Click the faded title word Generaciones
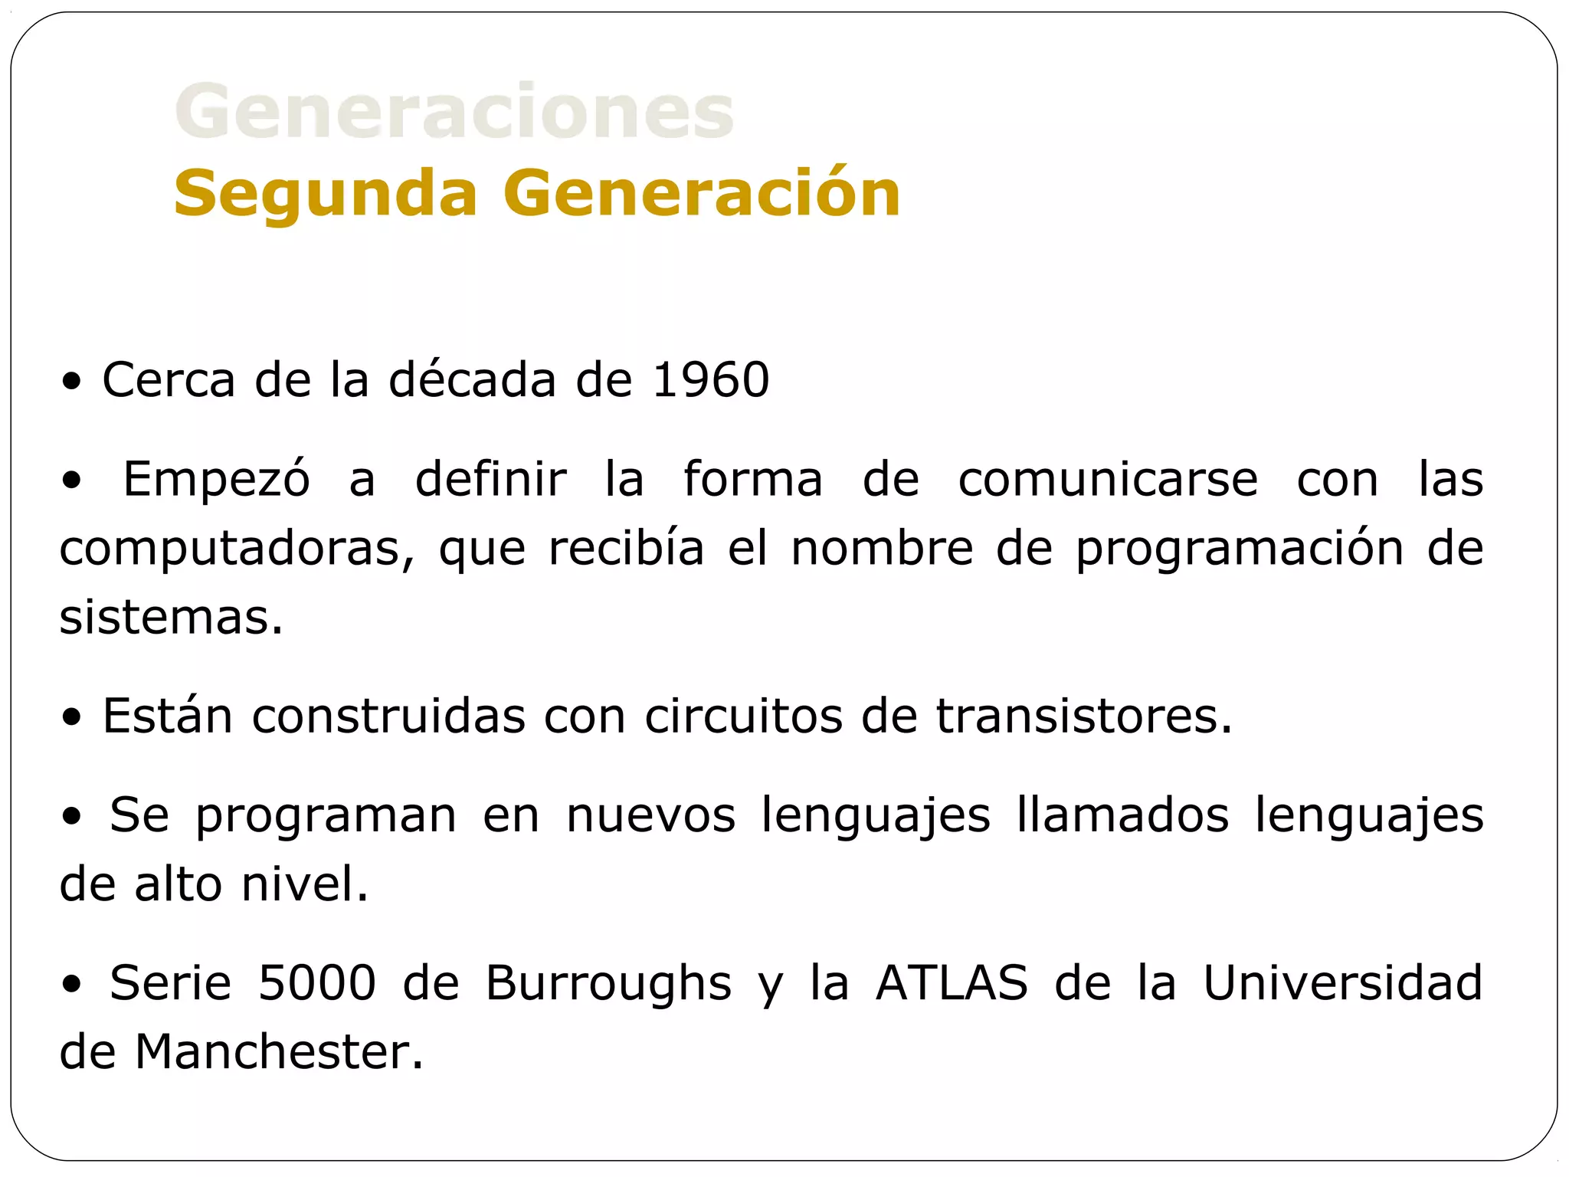(454, 112)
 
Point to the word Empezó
(217, 479)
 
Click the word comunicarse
(1108, 479)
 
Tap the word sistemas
(171, 617)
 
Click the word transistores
(1083, 716)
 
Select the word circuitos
(743, 716)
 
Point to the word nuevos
(651, 815)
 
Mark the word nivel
(304, 884)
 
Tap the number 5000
(317, 982)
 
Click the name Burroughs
(608, 984)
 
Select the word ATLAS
(952, 982)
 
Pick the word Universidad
(1342, 982)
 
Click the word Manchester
(279, 1051)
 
